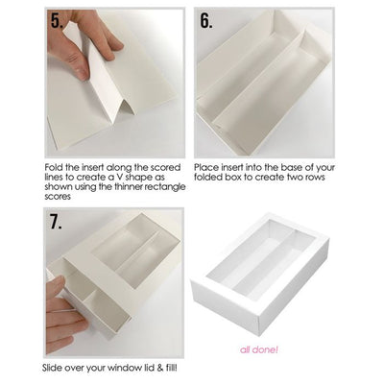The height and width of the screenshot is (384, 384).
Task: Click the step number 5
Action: click(57, 21)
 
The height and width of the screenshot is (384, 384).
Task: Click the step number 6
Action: click(206, 21)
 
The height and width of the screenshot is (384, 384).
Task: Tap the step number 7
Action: click(56, 222)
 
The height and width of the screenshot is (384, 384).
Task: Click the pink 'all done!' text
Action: click(259, 349)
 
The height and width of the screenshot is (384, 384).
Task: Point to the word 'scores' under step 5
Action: click(58, 197)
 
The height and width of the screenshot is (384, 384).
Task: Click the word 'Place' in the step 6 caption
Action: click(206, 167)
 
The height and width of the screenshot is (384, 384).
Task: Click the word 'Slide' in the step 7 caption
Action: click(52, 368)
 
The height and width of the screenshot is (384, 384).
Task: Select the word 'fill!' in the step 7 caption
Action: click(171, 368)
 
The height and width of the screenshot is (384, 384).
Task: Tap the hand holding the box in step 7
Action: click(64, 315)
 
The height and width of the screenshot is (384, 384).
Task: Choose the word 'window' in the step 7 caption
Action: click(122, 368)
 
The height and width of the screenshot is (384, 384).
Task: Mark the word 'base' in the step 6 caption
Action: click(290, 167)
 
